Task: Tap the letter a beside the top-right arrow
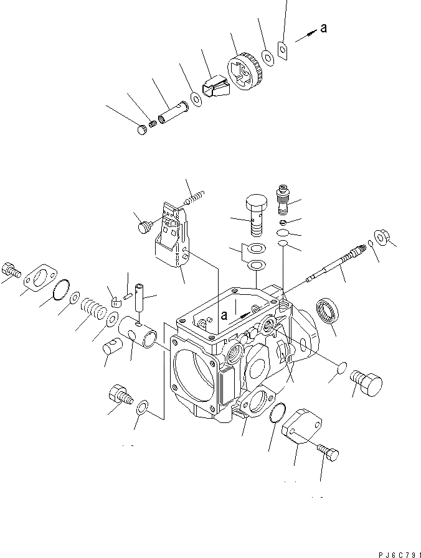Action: coord(323,27)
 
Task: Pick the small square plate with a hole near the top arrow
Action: coord(282,49)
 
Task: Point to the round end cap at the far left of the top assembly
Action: coord(143,129)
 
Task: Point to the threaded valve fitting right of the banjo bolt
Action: coord(283,197)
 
